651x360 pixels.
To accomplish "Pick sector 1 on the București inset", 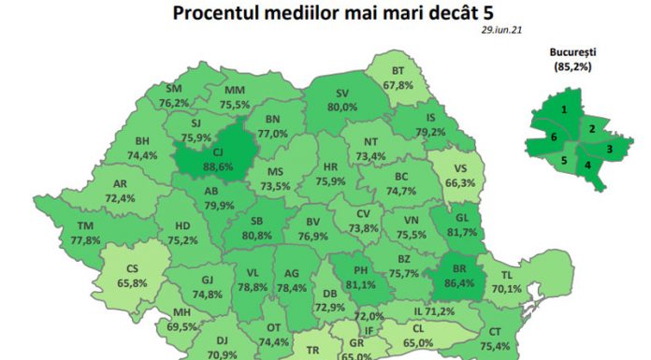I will coord(564,109).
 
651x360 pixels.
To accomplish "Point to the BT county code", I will coord(397,71).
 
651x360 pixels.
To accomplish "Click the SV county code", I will coord(341,94).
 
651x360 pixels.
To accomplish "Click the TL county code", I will coord(532,276).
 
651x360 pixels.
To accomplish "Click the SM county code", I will coord(174,89).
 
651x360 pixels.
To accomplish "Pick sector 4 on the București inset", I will coord(587,167).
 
